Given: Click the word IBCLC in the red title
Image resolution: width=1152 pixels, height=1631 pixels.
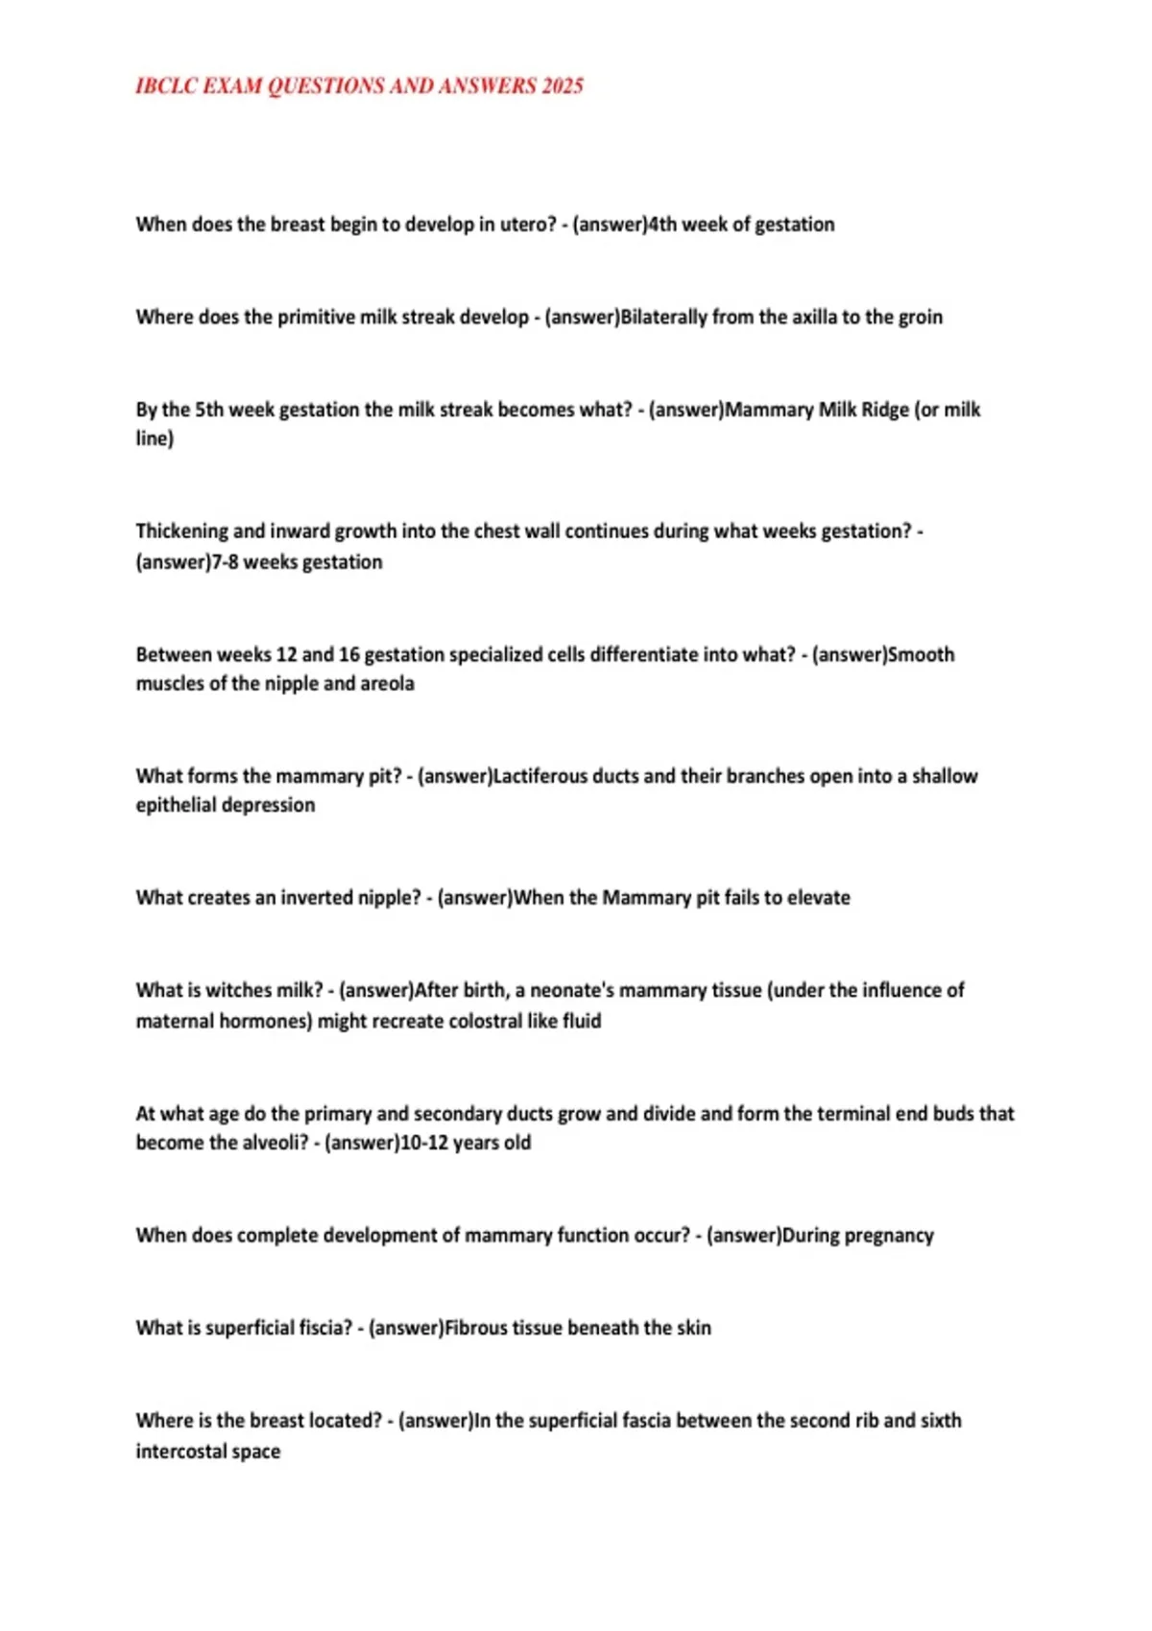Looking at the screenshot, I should click(166, 86).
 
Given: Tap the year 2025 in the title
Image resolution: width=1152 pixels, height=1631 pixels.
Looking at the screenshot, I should click(562, 86).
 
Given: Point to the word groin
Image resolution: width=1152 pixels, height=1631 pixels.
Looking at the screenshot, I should click(920, 318).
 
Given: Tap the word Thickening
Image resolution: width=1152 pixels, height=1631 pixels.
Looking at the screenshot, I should click(181, 532).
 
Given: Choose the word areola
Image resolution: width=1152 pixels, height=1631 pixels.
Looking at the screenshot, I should click(387, 684).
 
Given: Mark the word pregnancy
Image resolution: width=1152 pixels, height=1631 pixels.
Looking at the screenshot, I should click(887, 1236).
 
